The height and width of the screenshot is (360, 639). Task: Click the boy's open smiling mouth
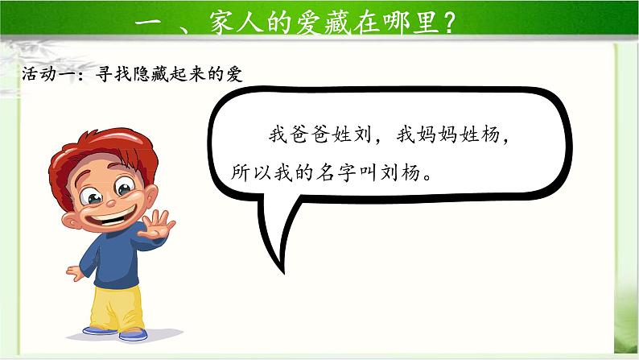pyautogui.click(x=110, y=216)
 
